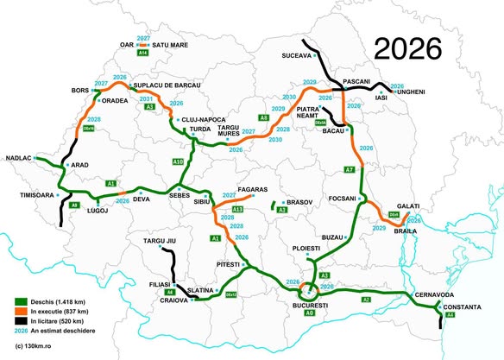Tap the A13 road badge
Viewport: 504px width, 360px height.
(x=237, y=209)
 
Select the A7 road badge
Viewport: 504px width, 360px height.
(x=350, y=168)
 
